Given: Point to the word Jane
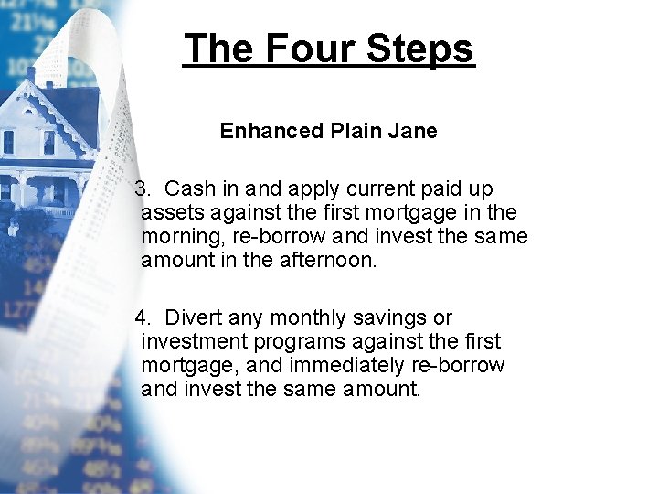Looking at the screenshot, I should click(414, 131).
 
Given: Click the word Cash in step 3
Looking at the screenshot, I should click(190, 189).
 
